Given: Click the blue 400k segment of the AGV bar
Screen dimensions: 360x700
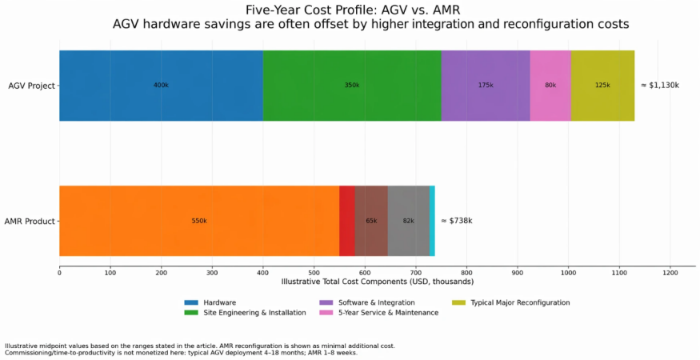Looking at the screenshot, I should tap(161, 86).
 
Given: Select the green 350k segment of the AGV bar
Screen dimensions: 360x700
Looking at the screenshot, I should tap(352, 86).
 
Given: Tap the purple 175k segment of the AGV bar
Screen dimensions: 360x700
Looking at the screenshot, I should tap(486, 86).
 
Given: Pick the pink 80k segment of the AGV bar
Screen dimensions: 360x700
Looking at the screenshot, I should tap(550, 86).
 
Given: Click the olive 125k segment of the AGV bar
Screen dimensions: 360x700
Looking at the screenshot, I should tap(602, 86).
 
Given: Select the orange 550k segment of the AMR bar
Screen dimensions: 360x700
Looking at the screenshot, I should tap(199, 221).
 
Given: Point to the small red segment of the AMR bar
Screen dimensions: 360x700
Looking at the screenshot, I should tap(347, 221).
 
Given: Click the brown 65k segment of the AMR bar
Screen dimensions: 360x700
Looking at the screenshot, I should tap(371, 221).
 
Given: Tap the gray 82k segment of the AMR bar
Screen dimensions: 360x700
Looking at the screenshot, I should tap(409, 221).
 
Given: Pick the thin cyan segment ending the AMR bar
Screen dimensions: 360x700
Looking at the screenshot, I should tap(432, 221).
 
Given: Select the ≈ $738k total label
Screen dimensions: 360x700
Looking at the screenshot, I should tap(457, 221).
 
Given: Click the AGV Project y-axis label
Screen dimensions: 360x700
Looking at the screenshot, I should tap(31, 86).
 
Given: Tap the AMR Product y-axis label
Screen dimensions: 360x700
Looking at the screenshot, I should tap(30, 221).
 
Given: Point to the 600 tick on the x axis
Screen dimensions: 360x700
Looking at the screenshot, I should tap(365, 272).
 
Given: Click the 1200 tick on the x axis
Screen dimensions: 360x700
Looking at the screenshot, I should tap(670, 272).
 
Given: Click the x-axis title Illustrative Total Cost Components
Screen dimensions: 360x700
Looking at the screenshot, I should tap(378, 282).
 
